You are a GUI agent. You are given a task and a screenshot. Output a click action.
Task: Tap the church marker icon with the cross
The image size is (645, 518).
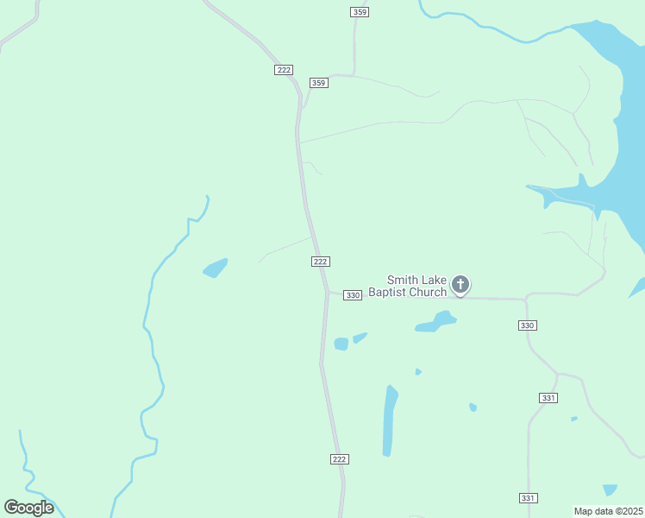(460, 284)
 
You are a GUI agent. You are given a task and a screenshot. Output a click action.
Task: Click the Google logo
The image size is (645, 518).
(28, 508)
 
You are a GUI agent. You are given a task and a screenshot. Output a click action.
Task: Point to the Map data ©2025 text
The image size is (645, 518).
(608, 511)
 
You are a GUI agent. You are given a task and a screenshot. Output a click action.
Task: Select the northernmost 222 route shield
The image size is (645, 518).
(285, 70)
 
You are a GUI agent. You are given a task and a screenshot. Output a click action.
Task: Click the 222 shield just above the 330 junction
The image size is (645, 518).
(321, 262)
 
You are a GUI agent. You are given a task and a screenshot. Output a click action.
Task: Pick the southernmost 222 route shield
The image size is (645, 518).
(339, 459)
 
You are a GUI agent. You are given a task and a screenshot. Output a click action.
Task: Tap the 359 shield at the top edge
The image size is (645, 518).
(360, 11)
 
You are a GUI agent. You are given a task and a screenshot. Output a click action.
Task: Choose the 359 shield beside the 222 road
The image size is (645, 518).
(319, 83)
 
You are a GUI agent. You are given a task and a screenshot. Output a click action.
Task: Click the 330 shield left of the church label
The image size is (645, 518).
(352, 295)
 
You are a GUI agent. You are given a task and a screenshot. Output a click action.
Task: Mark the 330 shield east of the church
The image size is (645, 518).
(528, 325)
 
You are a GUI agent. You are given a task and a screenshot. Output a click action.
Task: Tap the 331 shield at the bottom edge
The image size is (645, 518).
(529, 498)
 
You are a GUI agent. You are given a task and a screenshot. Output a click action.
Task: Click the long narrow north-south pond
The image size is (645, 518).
(390, 421)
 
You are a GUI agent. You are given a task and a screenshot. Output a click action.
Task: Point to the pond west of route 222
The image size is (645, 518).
(215, 268)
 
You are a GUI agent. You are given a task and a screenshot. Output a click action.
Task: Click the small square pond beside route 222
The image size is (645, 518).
(341, 344)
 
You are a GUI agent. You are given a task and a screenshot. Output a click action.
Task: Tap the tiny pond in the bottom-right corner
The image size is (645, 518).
(610, 490)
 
